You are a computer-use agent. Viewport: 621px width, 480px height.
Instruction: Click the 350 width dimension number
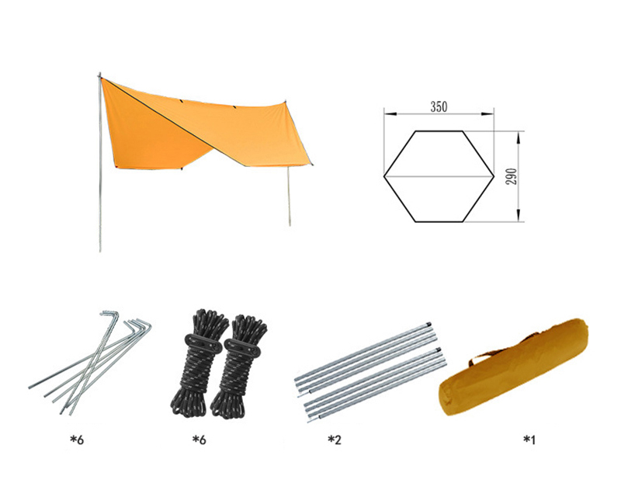(439, 106)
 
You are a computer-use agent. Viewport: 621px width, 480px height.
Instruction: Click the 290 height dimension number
(512, 176)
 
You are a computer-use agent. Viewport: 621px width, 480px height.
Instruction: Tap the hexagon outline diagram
(416, 130)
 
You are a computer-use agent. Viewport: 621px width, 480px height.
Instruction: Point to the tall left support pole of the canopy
(100, 162)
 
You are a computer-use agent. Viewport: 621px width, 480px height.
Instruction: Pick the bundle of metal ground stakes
(90, 363)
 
